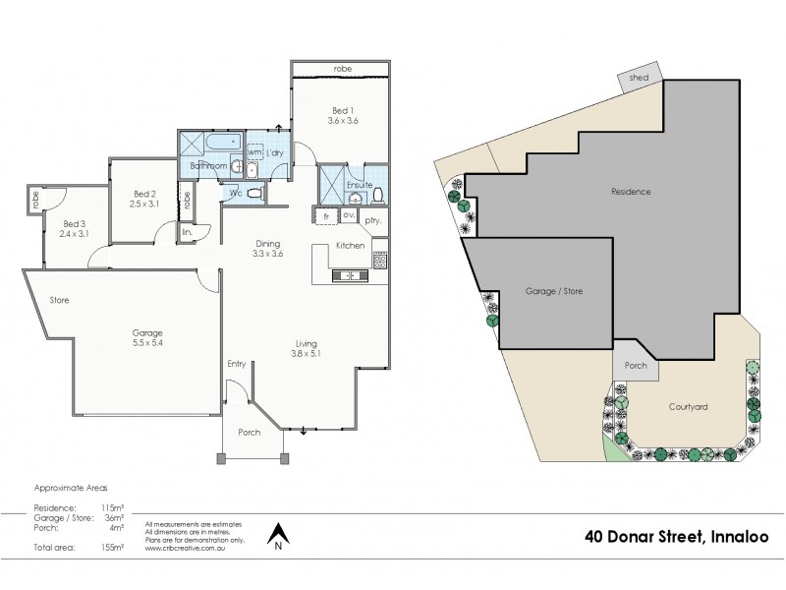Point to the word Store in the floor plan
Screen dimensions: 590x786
tap(58, 300)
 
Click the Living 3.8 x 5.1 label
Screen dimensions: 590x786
tap(306, 348)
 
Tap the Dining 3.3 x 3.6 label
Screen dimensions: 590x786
tap(268, 248)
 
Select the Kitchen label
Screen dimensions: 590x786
tap(351, 245)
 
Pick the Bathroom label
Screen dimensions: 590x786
tap(209, 166)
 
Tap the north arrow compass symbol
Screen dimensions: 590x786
tap(279, 534)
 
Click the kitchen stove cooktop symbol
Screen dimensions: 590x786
tap(380, 261)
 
